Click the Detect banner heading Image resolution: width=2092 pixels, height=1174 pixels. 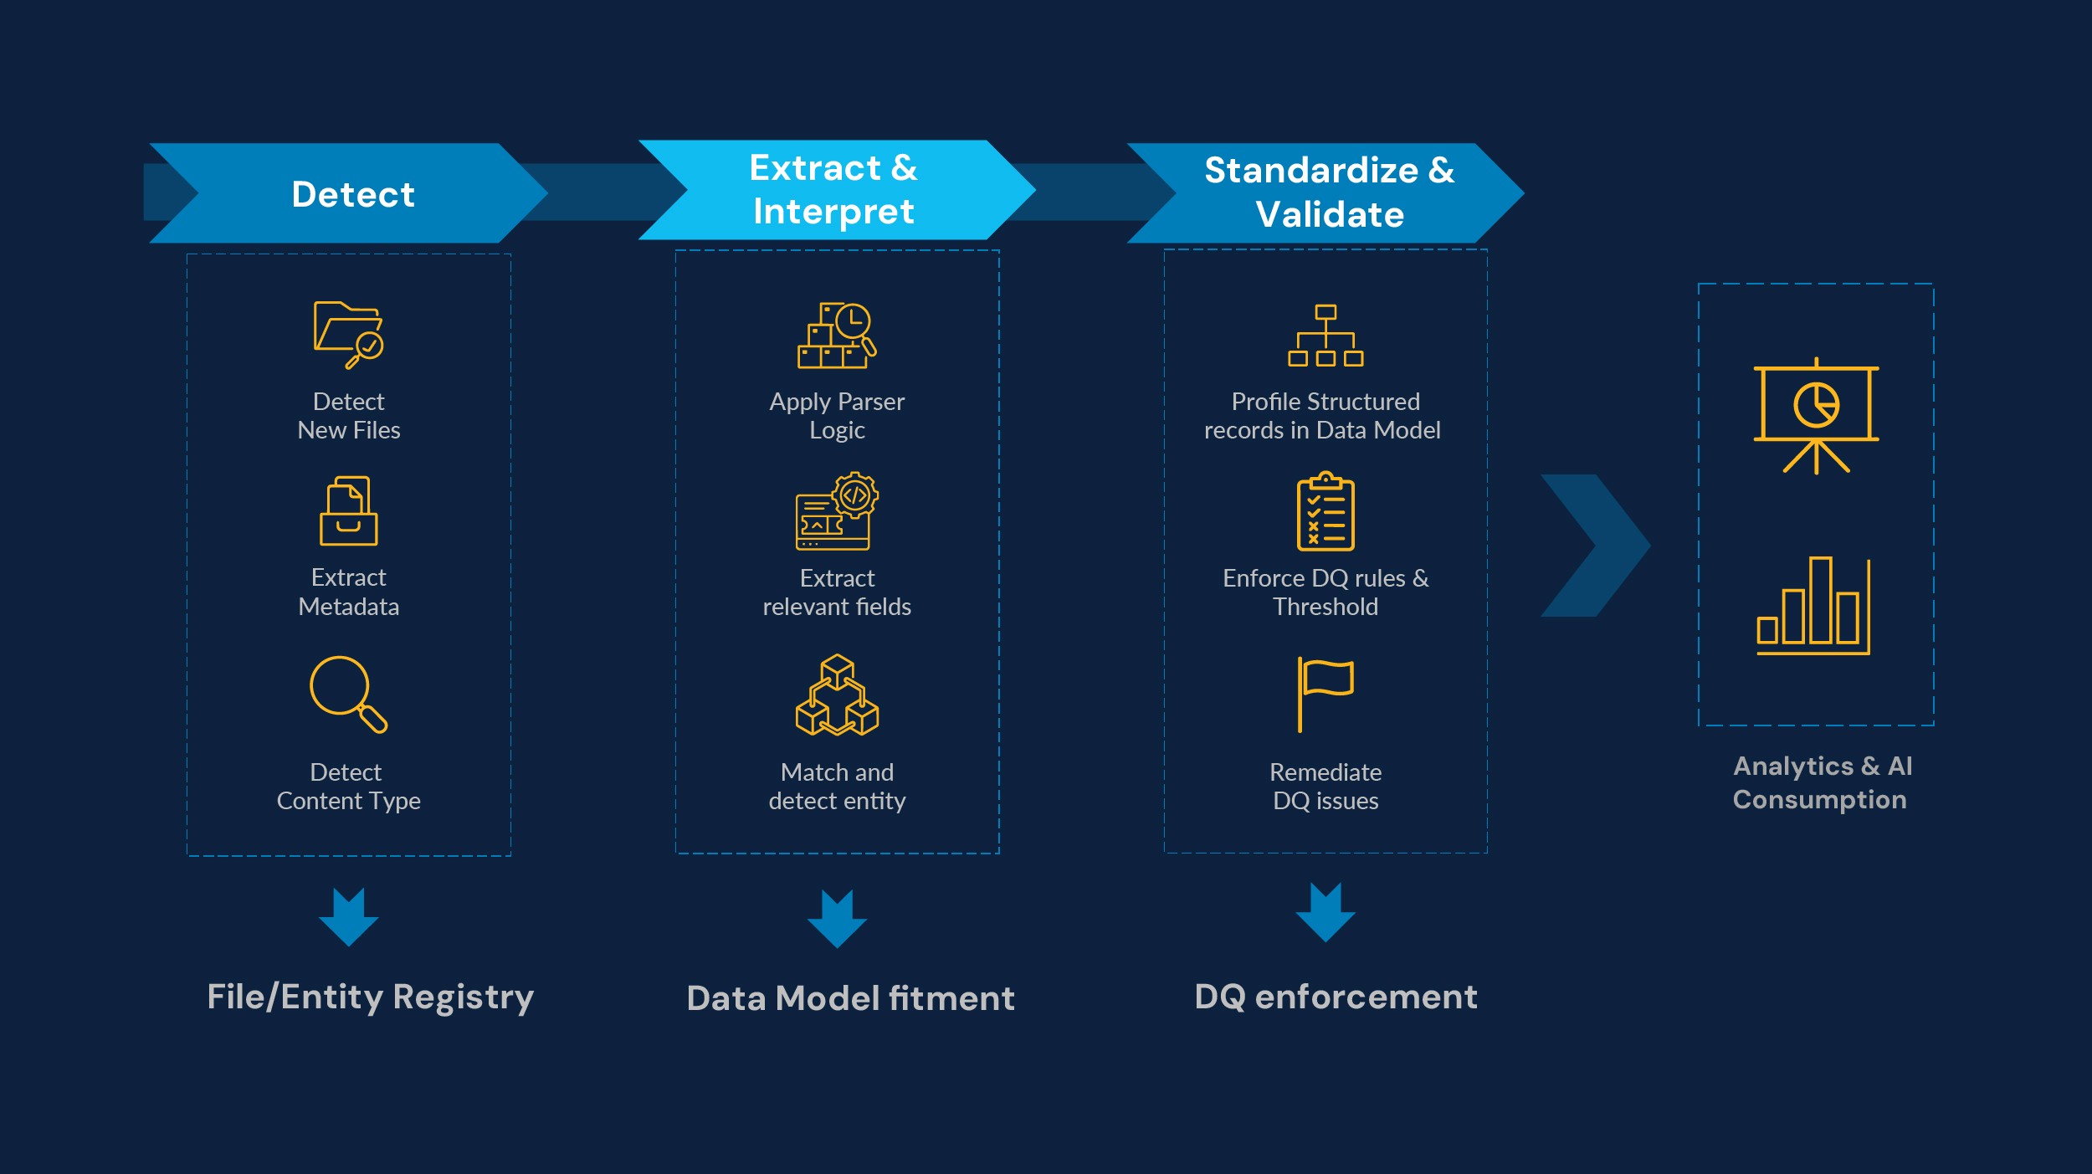353,194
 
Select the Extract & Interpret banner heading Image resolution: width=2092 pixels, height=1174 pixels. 833,190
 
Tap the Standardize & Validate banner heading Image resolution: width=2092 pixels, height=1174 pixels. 1329,192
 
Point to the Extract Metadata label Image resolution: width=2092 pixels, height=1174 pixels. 349,592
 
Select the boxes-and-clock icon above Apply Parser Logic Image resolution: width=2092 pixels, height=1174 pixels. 837,336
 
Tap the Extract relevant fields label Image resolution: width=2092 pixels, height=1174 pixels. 837,592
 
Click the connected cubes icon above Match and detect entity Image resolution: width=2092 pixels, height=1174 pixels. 837,695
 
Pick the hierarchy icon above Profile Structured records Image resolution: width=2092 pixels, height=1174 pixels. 1325,336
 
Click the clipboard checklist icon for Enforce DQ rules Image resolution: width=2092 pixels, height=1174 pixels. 1325,511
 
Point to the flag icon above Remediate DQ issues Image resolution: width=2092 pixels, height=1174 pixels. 1325,695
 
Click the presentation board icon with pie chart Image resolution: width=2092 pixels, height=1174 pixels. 1816,415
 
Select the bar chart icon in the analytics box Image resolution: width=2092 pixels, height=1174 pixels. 1813,606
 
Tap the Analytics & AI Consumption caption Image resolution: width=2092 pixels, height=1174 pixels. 1822,782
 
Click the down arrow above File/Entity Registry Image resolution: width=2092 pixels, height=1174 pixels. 349,917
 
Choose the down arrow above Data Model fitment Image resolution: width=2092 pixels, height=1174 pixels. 837,919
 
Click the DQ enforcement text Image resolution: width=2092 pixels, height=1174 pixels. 1336,997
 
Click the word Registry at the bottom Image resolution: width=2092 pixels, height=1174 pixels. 463,998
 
